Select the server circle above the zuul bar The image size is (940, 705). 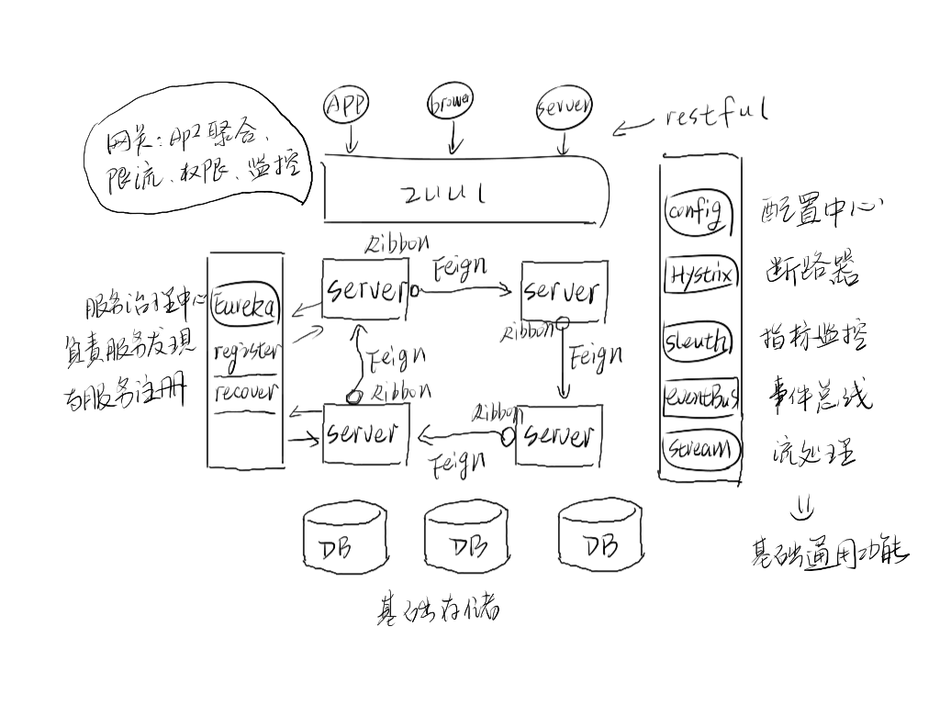point(564,108)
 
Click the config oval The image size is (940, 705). point(699,213)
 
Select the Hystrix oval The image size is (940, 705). point(699,274)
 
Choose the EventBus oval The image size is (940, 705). point(700,397)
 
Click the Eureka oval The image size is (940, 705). point(245,306)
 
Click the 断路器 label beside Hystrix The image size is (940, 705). point(811,273)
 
